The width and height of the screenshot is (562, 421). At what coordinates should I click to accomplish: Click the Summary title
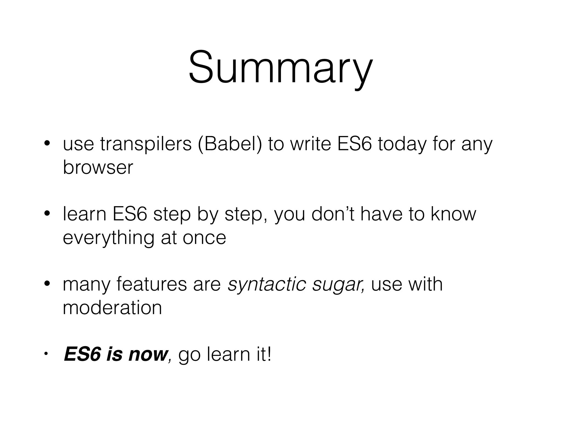pyautogui.click(x=280, y=67)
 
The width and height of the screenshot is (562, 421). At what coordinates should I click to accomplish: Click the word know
pyautogui.click(x=453, y=214)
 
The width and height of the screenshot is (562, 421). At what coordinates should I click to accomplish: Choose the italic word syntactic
pyautogui.click(x=267, y=284)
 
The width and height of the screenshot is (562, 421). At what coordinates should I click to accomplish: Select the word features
pyautogui.click(x=152, y=284)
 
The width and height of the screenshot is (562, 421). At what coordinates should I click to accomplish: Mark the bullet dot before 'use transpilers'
pyautogui.click(x=47, y=144)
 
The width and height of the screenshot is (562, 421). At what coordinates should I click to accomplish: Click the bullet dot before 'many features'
pyautogui.click(x=47, y=284)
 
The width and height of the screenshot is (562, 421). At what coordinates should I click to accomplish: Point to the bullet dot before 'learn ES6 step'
pyautogui.click(x=47, y=214)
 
